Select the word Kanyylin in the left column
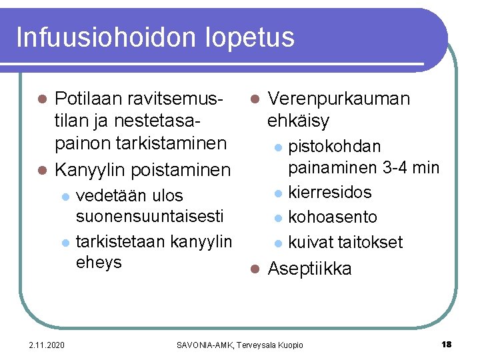coord(91,170)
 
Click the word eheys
coord(99,262)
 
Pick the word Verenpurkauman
coord(339,99)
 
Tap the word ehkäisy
coord(298,121)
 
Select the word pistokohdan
coord(335,146)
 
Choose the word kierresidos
coord(330,193)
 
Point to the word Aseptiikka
coord(309,269)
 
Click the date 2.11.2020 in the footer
coord(47,345)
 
